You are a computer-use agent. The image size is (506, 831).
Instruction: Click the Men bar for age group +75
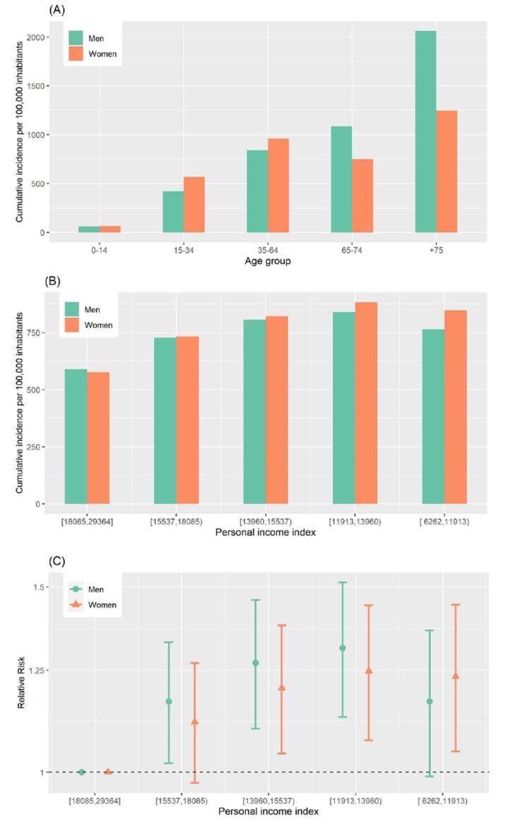[x=425, y=131]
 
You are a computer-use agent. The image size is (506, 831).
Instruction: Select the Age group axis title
[x=268, y=261]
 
